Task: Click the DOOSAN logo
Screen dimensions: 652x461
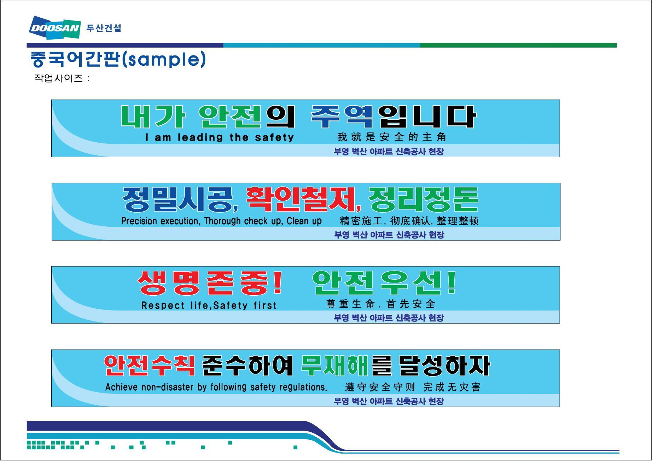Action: pyautogui.click(x=55, y=28)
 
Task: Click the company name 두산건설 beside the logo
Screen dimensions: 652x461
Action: pyautogui.click(x=104, y=28)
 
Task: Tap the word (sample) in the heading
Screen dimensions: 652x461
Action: pyautogui.click(x=164, y=59)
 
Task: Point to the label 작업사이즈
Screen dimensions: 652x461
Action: pyautogui.click(x=58, y=78)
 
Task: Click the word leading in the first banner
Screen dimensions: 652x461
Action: pyautogui.click(x=200, y=137)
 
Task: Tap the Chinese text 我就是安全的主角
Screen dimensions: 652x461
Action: pyautogui.click(x=391, y=137)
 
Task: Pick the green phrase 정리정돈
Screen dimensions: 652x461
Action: pyautogui.click(x=423, y=199)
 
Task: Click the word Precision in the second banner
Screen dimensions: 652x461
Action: pyautogui.click(x=139, y=221)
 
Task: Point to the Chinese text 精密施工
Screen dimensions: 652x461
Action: pyautogui.click(x=361, y=221)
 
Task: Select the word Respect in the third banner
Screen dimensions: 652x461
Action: pyautogui.click(x=163, y=305)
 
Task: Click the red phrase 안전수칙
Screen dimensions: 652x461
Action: pyautogui.click(x=149, y=365)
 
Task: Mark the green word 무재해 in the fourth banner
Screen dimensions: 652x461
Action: pyautogui.click(x=335, y=365)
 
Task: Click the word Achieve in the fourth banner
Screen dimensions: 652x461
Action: pyautogui.click(x=121, y=387)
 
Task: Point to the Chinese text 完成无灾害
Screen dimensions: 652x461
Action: pyautogui.click(x=452, y=387)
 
